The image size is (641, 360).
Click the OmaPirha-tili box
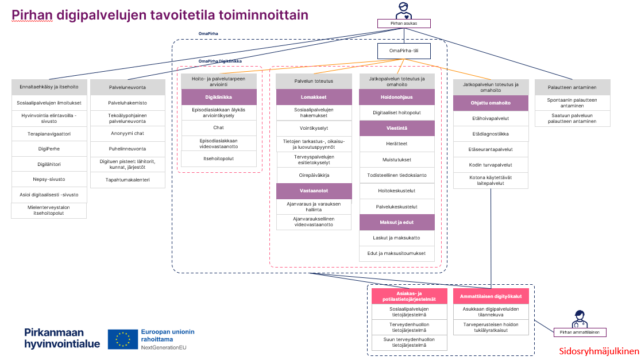pos(404,51)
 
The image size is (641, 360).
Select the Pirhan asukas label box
pos(404,24)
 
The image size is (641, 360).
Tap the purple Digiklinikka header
pos(218,97)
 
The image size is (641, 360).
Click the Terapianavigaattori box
pos(49,133)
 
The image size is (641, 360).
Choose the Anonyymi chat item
pos(128,133)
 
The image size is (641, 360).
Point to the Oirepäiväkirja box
pos(313,175)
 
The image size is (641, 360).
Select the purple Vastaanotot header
pos(313,191)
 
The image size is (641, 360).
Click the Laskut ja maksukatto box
pos(397,238)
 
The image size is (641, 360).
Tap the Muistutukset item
pos(397,160)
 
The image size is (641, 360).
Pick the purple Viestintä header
pos(397,129)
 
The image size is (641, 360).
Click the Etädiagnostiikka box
pos(491,134)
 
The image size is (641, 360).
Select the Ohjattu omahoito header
pos(491,103)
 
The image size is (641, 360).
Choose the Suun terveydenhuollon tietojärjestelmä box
pos(408,343)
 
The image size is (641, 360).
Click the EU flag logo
pos(122,339)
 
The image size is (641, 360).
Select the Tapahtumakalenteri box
pos(128,180)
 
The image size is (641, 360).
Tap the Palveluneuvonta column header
pos(128,87)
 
